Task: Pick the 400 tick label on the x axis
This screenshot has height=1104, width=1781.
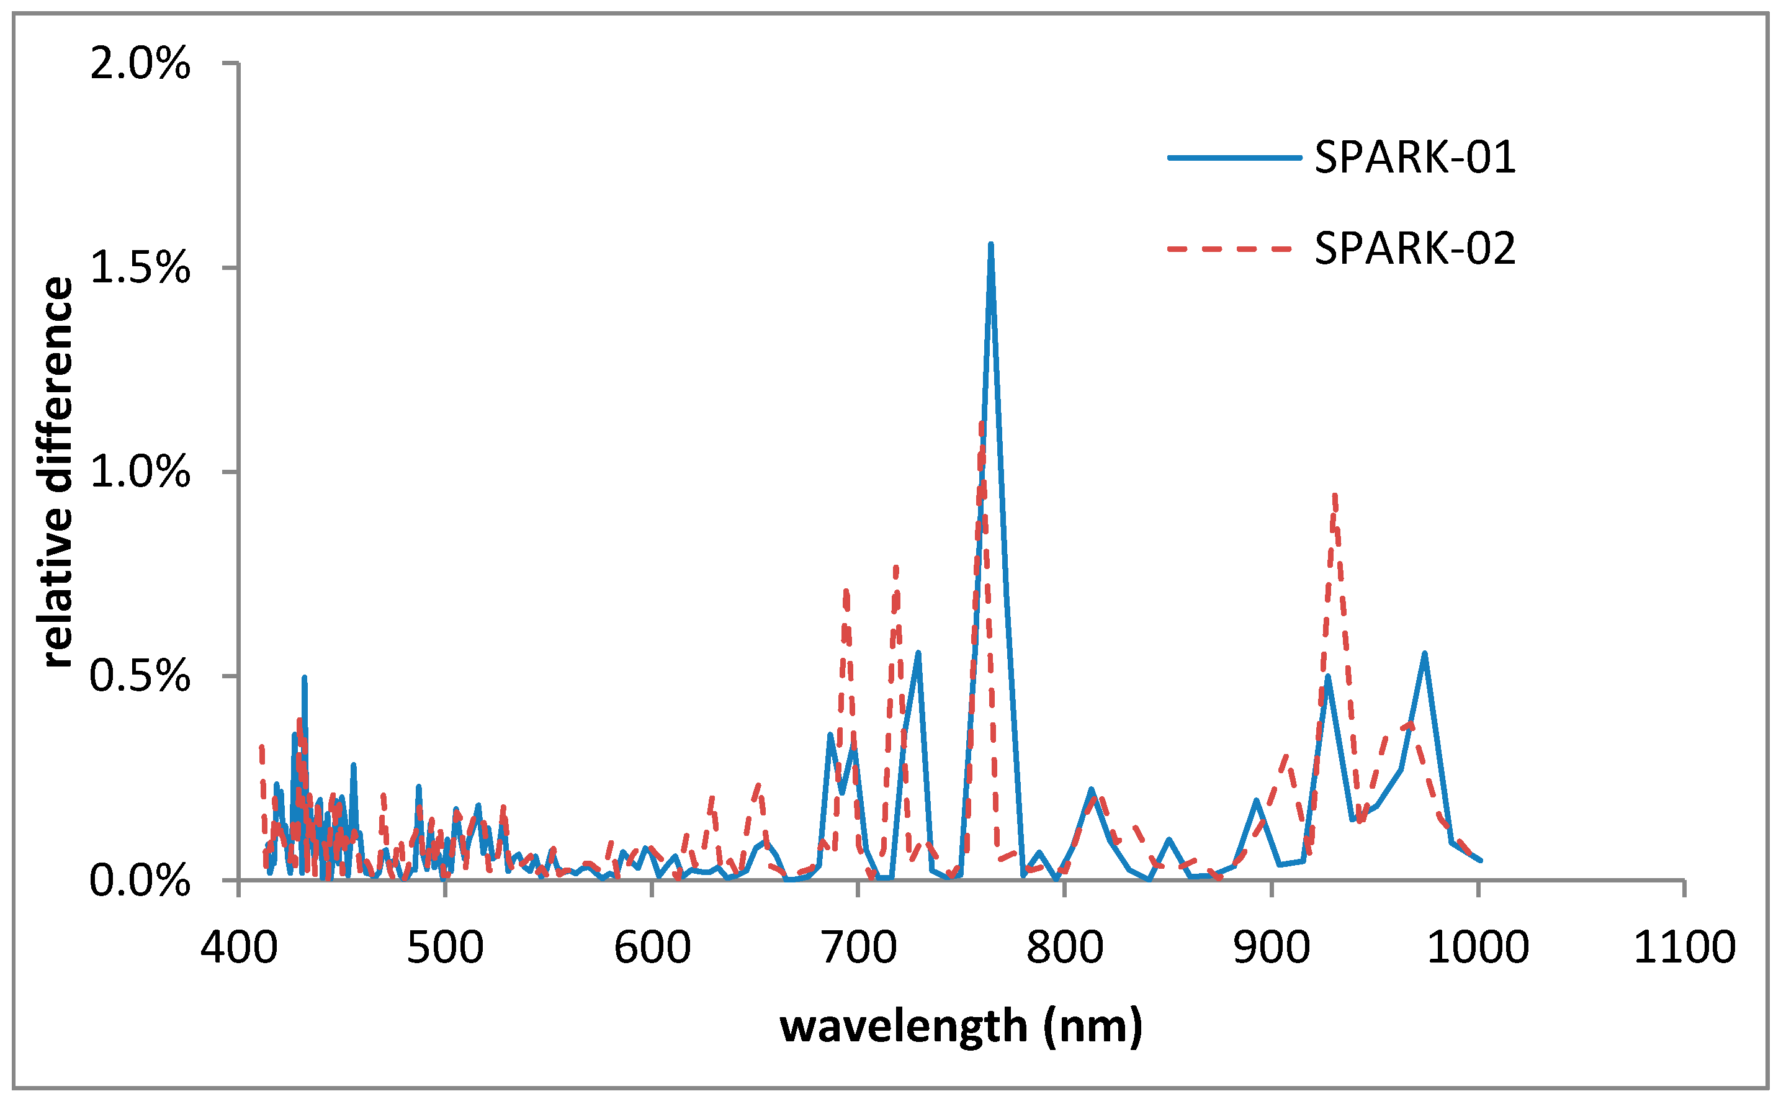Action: point(239,948)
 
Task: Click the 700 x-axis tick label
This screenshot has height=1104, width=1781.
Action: point(858,948)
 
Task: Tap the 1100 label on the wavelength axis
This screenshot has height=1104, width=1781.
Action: point(1683,948)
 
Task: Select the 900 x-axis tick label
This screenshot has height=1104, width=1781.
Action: point(1272,948)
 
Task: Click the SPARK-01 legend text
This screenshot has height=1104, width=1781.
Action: point(1415,157)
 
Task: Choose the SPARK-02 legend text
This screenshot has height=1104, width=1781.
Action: point(1415,248)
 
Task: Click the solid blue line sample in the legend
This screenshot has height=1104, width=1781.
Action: point(1234,157)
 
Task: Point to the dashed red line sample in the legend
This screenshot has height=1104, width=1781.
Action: point(1234,248)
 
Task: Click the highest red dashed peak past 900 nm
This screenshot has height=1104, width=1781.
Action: point(1334,496)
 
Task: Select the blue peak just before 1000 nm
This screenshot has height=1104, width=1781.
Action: point(1424,653)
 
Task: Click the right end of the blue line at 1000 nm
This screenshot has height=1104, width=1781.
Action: point(1480,860)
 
